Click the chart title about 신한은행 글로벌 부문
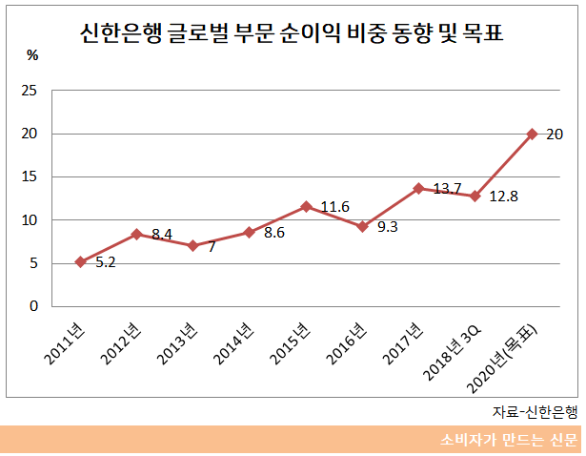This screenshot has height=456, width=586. pos(292,35)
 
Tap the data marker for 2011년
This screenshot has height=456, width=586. pos(80,261)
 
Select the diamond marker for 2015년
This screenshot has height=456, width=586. pos(306,206)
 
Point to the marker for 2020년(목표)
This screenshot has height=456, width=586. pos(532,134)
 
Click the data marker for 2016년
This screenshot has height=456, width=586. pos(362,226)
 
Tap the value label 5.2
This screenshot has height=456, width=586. pos(106,262)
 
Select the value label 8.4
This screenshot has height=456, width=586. pos(162,234)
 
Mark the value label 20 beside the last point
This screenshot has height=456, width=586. pos(555,135)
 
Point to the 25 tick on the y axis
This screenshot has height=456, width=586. pos(30,91)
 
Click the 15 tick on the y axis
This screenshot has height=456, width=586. pos(30,176)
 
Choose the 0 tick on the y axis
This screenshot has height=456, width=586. pos(33,306)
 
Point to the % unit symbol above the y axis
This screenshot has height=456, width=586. pos(32,55)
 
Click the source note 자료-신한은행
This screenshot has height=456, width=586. pos(534,411)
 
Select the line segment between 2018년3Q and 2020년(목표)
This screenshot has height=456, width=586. pos(503,165)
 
